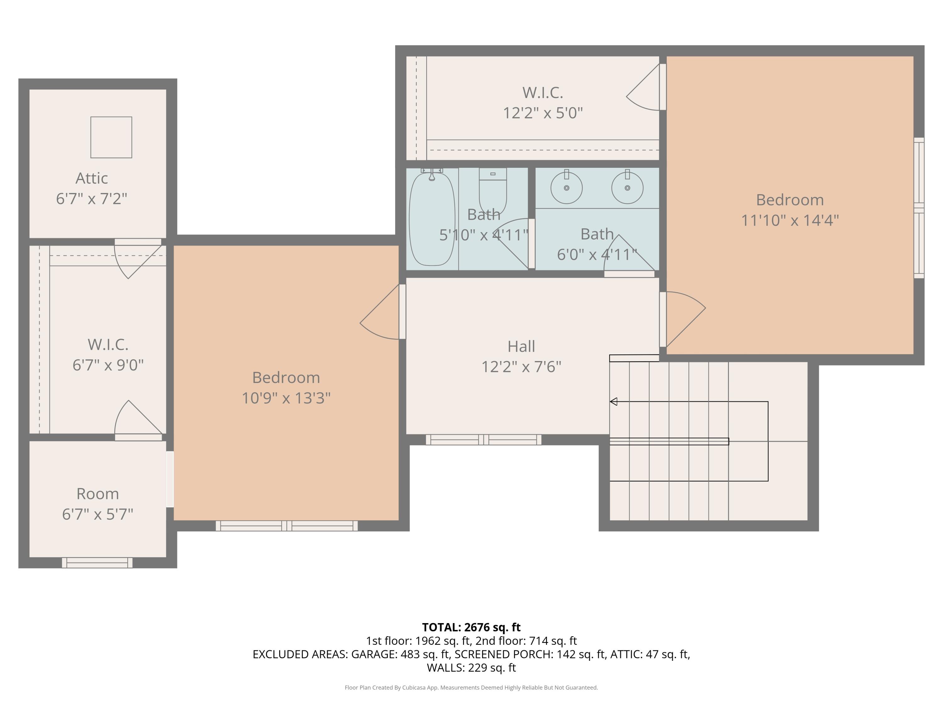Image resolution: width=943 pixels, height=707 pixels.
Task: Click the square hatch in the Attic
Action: point(111,137)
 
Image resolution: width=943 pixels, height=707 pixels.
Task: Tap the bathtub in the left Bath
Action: point(432,218)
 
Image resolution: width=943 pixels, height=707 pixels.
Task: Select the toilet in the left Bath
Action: point(493,190)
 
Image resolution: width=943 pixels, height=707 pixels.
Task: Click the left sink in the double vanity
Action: point(566,188)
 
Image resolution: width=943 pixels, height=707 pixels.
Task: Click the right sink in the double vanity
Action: point(627,188)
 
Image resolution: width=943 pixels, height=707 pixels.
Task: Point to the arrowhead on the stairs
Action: point(614,402)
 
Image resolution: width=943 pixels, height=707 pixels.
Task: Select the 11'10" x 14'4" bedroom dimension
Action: point(790,220)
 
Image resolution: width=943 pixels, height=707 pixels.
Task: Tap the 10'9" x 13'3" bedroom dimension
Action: point(286,398)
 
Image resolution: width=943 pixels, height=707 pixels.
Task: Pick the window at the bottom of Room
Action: point(97,562)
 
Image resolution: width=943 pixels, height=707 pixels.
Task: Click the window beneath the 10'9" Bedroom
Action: point(286,525)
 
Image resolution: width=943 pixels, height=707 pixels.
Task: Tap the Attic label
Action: point(92,178)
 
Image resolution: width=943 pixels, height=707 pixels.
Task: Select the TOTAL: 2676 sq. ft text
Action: point(471,627)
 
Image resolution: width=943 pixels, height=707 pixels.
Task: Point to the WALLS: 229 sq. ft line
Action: point(471,667)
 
